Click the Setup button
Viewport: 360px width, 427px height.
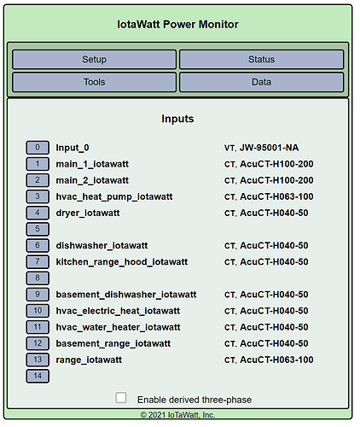tap(94, 60)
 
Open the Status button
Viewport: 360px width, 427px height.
tap(261, 60)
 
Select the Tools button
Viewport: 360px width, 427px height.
tap(94, 82)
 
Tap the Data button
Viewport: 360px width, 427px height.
tap(261, 82)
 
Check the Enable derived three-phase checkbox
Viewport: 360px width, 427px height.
tap(121, 398)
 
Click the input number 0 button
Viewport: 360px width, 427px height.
tap(38, 148)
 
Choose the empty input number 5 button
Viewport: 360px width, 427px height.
tap(38, 229)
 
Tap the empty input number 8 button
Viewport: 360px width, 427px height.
tap(38, 278)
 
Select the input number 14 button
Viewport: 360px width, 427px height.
tap(38, 376)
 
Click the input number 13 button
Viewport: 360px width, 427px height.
tap(38, 360)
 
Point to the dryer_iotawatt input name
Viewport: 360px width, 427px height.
tap(88, 213)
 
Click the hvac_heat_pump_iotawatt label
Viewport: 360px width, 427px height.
tap(114, 196)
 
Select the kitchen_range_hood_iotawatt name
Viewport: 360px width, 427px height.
tap(122, 262)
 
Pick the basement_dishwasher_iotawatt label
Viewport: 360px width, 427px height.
tap(126, 295)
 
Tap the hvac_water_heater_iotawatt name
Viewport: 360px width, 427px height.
tap(118, 327)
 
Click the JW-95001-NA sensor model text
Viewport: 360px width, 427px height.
tap(269, 148)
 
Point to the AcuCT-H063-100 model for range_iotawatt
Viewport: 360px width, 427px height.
tap(276, 360)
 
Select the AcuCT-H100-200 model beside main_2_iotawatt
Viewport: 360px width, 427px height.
tap(276, 180)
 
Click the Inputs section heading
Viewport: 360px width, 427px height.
tap(177, 119)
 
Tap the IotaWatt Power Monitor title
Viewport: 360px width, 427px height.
tap(177, 25)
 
